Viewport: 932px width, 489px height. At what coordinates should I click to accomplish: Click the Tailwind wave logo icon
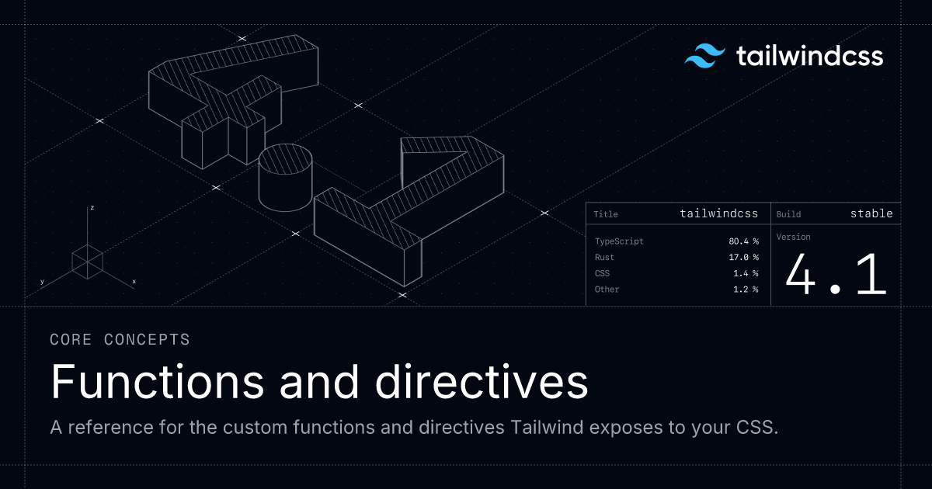pyautogui.click(x=704, y=56)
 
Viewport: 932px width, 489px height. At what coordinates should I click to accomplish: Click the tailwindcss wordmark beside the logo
pyautogui.click(x=809, y=56)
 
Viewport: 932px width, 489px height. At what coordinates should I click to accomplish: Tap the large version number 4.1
pyautogui.click(x=835, y=275)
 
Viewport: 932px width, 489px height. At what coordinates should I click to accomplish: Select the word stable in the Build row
pyautogui.click(x=871, y=213)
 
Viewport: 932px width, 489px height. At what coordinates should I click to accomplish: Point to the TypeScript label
pyautogui.click(x=619, y=241)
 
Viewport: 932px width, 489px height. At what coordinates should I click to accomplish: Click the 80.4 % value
pyautogui.click(x=743, y=241)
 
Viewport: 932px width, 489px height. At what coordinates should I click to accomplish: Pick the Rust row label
pyautogui.click(x=604, y=257)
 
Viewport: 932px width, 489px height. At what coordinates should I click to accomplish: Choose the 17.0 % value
pyautogui.click(x=743, y=257)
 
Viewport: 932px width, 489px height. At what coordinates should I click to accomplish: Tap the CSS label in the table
pyautogui.click(x=602, y=273)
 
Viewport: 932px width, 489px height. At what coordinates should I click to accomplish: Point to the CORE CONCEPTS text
pyautogui.click(x=120, y=339)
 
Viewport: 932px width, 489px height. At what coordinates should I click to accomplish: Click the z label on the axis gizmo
pyautogui.click(x=92, y=208)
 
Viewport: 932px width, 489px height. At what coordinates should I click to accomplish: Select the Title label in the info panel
pyautogui.click(x=605, y=214)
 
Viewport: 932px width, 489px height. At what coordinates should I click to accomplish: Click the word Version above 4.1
pyautogui.click(x=793, y=237)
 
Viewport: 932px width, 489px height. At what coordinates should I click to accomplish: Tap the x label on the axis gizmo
pyautogui.click(x=134, y=281)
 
